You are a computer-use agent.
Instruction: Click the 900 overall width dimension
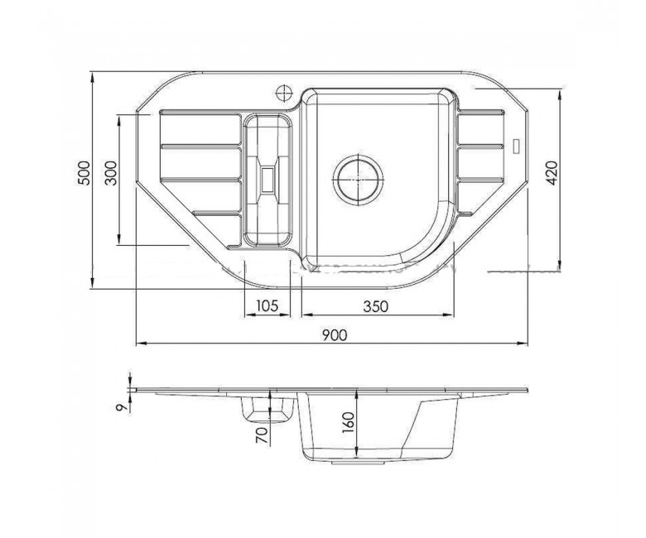click(x=335, y=335)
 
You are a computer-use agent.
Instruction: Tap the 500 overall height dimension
click(x=84, y=173)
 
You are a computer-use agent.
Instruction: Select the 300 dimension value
click(x=111, y=173)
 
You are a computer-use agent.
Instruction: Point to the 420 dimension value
click(x=552, y=173)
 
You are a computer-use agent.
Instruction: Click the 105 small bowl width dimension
click(x=268, y=306)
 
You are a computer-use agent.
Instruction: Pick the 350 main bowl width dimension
click(x=375, y=306)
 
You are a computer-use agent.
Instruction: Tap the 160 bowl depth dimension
click(x=348, y=422)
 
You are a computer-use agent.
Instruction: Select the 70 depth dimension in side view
click(x=261, y=435)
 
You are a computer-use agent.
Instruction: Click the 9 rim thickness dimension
click(x=121, y=407)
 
